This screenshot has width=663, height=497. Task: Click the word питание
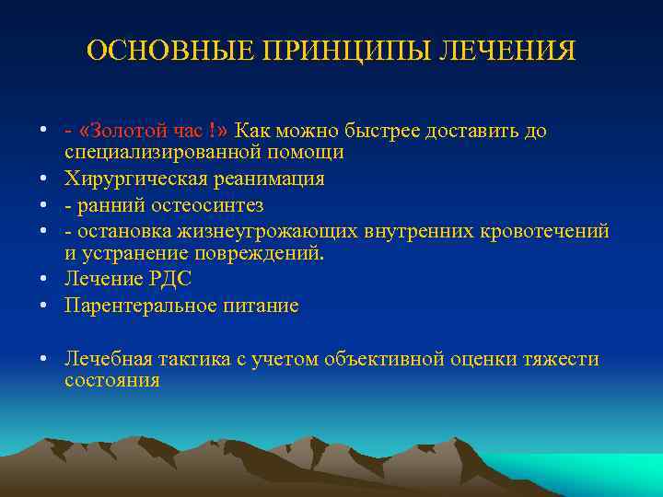pyautogui.click(x=265, y=306)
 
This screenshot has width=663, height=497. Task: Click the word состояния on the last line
pyautogui.click(x=111, y=379)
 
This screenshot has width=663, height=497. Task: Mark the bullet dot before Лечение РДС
pyautogui.click(x=43, y=280)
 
